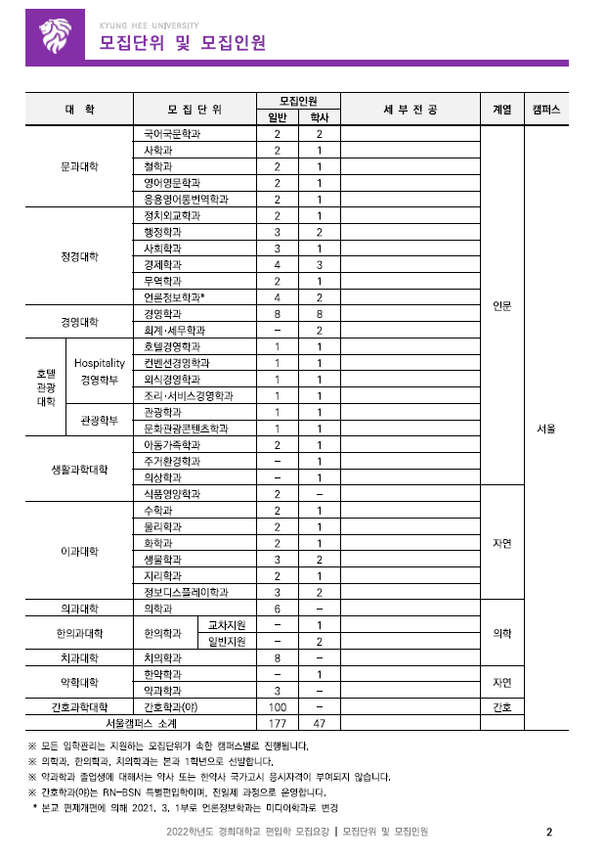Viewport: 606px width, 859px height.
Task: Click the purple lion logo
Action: click(x=56, y=38)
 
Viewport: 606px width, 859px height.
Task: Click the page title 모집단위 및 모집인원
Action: click(x=182, y=43)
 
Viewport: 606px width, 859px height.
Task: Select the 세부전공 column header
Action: click(x=410, y=110)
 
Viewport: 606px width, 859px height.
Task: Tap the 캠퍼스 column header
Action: click(x=546, y=110)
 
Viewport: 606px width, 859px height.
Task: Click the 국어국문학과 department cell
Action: click(x=171, y=133)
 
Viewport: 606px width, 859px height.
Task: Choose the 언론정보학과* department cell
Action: click(x=174, y=296)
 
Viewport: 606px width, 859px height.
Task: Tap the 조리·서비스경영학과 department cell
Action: click(x=188, y=395)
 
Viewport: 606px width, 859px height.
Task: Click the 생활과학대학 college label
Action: click(x=79, y=469)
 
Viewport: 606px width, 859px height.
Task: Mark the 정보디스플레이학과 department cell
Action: click(x=186, y=592)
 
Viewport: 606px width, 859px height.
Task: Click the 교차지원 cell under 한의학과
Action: click(x=227, y=625)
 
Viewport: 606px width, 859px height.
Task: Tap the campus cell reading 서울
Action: click(x=546, y=428)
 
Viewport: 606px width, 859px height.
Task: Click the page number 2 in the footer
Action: click(x=549, y=833)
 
